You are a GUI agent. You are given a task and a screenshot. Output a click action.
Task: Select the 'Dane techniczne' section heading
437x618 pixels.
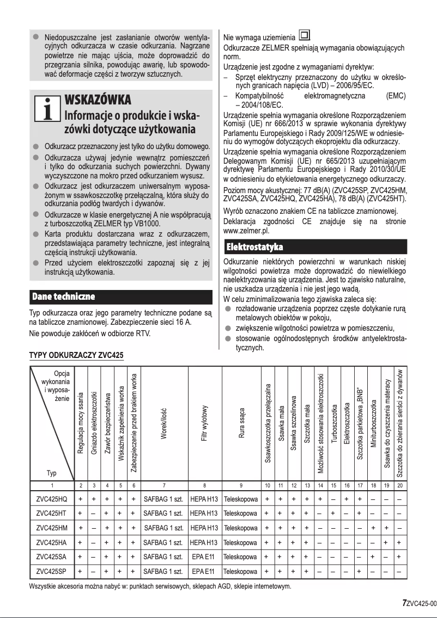(x=64, y=296)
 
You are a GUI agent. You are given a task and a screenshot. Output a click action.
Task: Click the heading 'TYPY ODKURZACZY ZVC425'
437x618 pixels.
(x=76, y=355)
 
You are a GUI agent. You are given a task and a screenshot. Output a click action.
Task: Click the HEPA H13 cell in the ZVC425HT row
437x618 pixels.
(x=204, y=513)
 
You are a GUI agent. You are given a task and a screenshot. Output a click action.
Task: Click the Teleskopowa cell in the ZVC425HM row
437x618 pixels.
(x=241, y=528)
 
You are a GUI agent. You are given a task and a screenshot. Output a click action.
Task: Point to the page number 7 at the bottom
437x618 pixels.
(x=404, y=602)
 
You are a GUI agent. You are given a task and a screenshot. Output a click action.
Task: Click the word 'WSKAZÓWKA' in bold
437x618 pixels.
(x=98, y=101)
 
